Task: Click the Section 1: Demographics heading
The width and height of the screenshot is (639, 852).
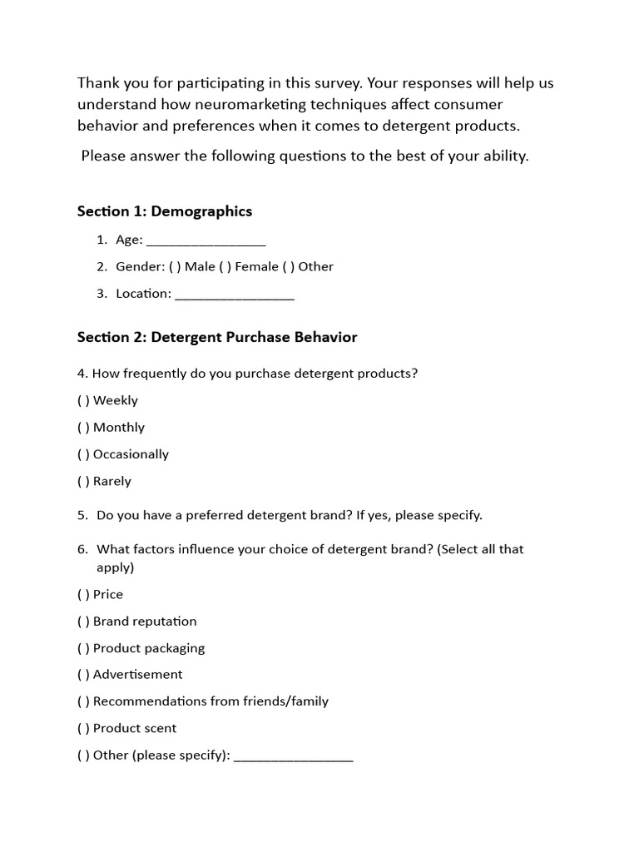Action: (x=165, y=211)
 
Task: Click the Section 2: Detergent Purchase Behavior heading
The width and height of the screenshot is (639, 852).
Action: (x=217, y=337)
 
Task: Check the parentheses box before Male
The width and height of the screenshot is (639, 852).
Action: (x=174, y=267)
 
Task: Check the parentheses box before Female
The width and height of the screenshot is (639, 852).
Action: (x=225, y=267)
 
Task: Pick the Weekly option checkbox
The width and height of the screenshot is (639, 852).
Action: (x=83, y=400)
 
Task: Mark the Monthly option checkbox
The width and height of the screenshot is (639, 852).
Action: (x=83, y=428)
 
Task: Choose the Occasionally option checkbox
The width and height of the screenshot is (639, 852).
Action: (x=83, y=454)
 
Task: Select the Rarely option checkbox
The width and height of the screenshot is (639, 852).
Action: (x=83, y=481)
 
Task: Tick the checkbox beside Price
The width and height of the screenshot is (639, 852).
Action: (x=83, y=594)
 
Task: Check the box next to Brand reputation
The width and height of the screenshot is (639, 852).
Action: (x=83, y=622)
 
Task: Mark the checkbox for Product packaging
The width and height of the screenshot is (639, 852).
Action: (x=83, y=648)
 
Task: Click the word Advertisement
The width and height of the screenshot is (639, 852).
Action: (x=138, y=674)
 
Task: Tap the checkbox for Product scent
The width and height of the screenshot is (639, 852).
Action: (x=83, y=728)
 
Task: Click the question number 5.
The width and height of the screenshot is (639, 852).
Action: (x=82, y=515)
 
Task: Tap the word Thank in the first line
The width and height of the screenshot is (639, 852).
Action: (x=96, y=83)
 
